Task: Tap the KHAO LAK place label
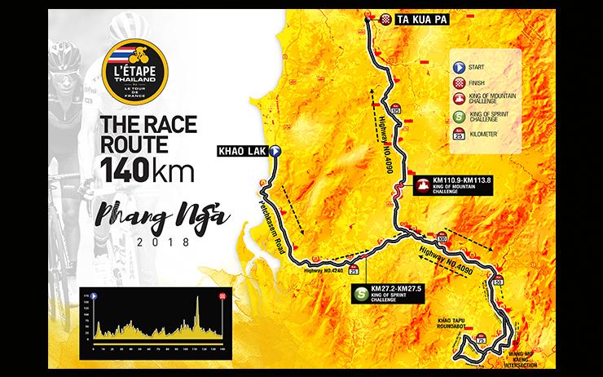(x=241, y=150)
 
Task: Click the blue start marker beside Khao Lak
(x=275, y=150)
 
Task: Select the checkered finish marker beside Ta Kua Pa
(x=386, y=16)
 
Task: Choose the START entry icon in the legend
(x=458, y=68)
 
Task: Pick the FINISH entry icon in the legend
(x=458, y=83)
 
